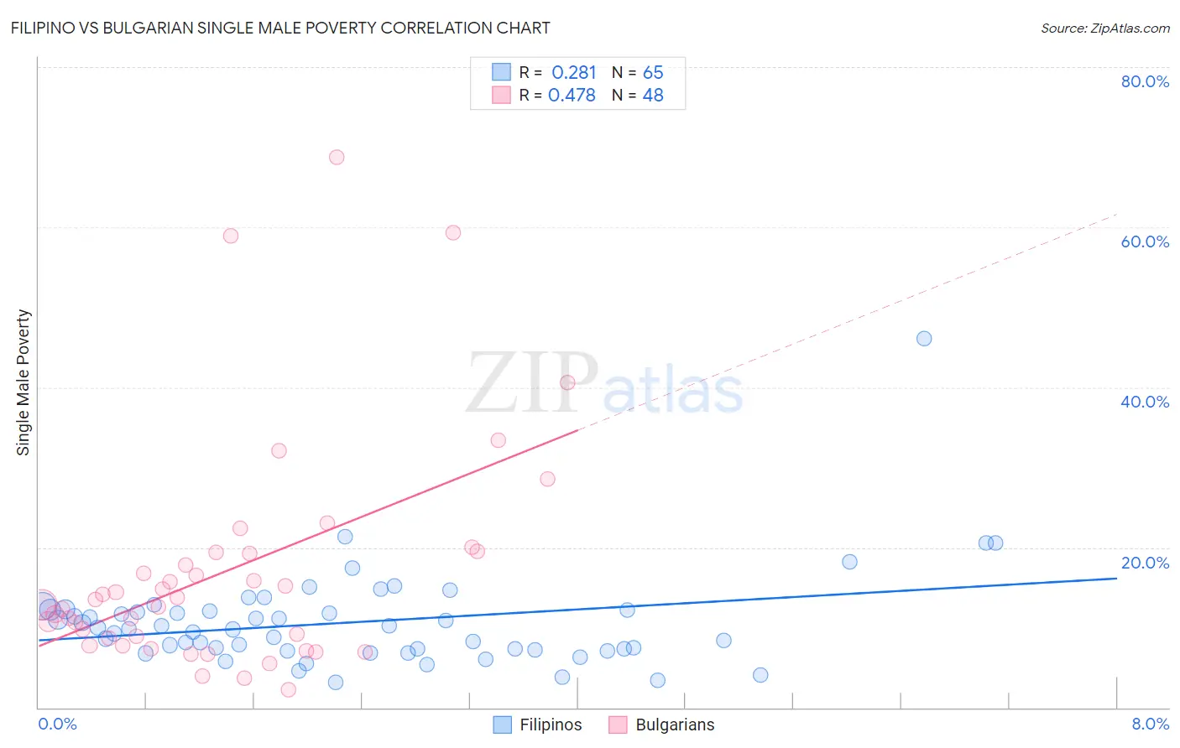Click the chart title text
click(x=280, y=28)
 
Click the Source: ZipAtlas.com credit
click(x=1104, y=28)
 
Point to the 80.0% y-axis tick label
click(x=1145, y=81)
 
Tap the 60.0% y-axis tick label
click(x=1145, y=242)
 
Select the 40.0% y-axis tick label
click(x=1145, y=402)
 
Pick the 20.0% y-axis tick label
click(x=1145, y=563)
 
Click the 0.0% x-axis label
click(x=57, y=724)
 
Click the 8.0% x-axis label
click(x=1150, y=724)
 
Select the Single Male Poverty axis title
click(x=23, y=382)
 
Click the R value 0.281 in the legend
click(x=573, y=73)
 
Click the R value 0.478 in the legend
click(x=572, y=96)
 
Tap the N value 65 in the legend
click(x=653, y=73)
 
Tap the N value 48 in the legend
click(x=653, y=96)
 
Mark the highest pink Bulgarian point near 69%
click(x=337, y=157)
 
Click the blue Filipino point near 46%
click(x=924, y=339)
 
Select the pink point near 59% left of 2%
click(x=231, y=236)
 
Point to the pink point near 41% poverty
click(x=567, y=382)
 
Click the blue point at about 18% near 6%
click(x=849, y=562)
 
